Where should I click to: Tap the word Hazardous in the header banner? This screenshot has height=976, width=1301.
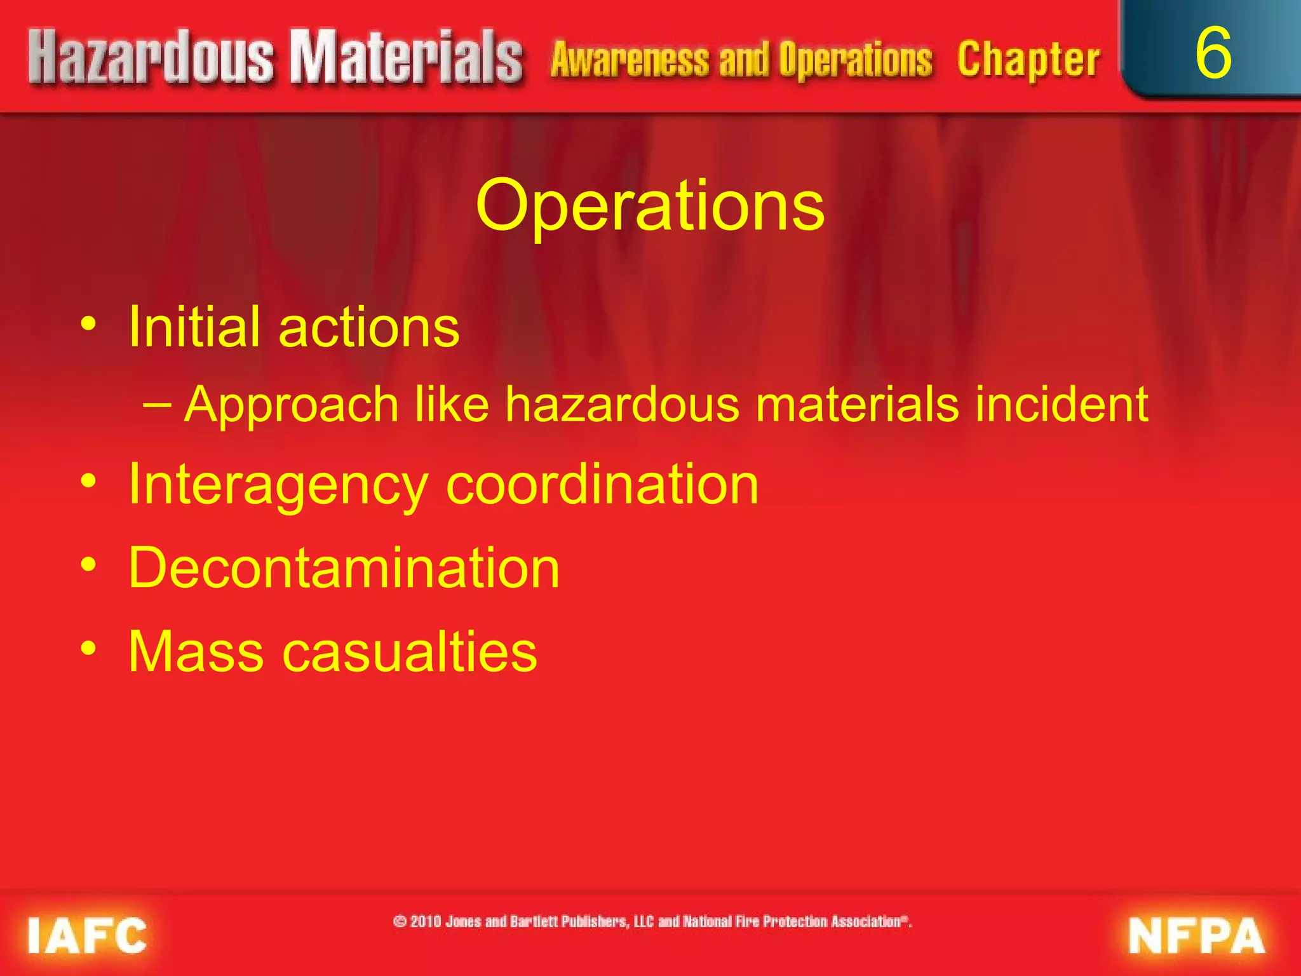[x=151, y=58]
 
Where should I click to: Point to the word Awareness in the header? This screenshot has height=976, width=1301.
[x=630, y=60]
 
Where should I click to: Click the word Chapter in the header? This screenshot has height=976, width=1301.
[x=1028, y=60]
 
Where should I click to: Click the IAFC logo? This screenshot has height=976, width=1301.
[x=87, y=935]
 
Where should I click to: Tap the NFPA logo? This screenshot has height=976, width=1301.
[x=1196, y=935]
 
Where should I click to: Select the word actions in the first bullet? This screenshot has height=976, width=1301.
[x=369, y=328]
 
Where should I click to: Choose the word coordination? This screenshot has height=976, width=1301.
[x=602, y=485]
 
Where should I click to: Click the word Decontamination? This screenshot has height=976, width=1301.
[x=344, y=567]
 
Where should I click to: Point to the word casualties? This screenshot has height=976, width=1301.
[x=409, y=651]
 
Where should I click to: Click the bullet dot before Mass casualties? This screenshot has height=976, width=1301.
[x=89, y=648]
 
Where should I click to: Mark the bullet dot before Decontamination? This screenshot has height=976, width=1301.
[x=89, y=564]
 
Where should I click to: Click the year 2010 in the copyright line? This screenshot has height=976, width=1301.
[x=425, y=921]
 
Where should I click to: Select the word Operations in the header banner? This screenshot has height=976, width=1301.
[x=855, y=60]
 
